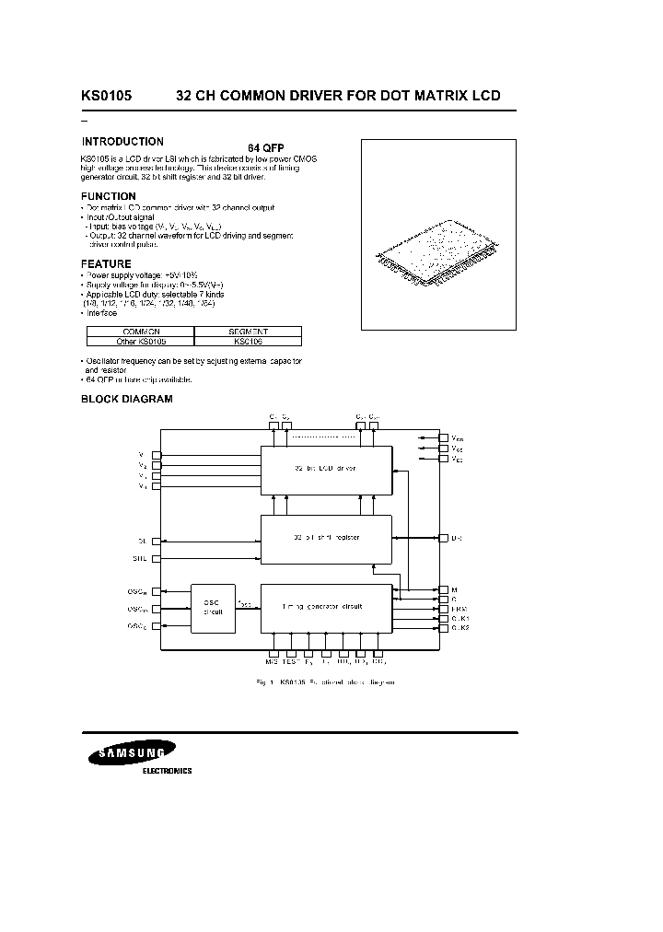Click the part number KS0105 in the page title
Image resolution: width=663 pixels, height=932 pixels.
point(107,96)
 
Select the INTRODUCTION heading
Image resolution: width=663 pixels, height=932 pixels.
point(122,142)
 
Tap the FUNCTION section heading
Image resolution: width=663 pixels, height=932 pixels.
point(109,196)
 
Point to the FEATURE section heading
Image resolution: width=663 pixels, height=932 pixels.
point(107,263)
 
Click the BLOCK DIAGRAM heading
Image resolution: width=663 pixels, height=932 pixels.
point(127,399)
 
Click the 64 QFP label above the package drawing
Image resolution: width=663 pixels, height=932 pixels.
point(266,148)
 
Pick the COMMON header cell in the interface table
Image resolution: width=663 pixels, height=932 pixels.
point(141,332)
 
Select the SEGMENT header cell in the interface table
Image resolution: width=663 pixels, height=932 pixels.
point(249,332)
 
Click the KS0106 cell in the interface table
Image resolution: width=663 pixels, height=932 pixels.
point(249,341)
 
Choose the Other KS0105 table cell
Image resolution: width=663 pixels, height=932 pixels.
point(141,341)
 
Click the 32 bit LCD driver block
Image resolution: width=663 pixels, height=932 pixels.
point(326,469)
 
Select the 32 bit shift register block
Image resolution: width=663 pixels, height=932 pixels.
point(326,537)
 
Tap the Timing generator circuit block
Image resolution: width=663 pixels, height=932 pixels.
point(326,606)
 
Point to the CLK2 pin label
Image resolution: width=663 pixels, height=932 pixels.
point(460,627)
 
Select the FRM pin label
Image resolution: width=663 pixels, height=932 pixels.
point(459,608)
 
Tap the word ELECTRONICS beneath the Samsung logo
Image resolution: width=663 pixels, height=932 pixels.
point(167,771)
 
